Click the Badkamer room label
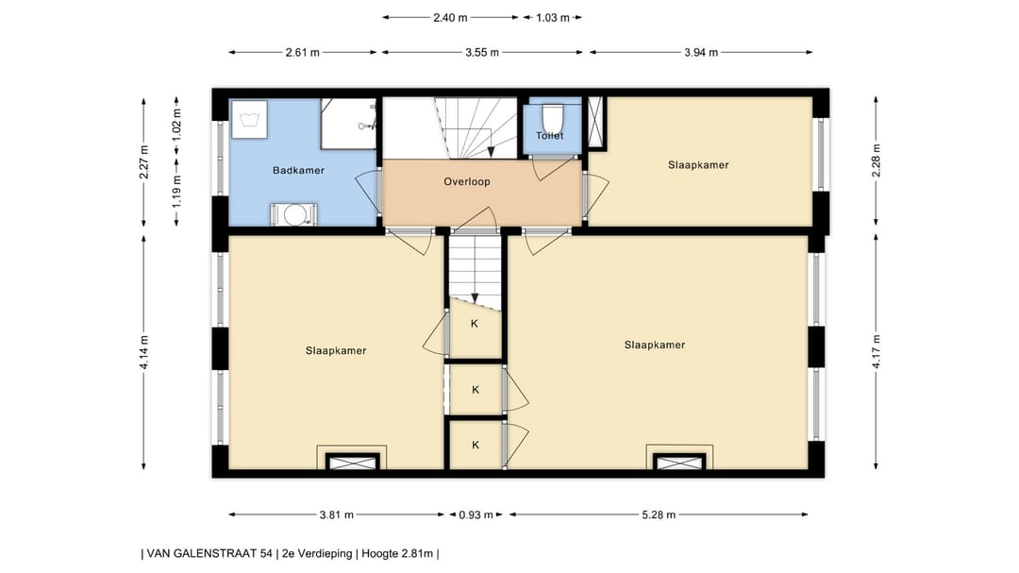click(298, 171)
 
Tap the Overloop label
click(467, 181)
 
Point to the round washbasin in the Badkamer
click(294, 214)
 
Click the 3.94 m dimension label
click(700, 53)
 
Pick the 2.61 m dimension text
click(302, 53)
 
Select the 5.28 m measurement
click(659, 515)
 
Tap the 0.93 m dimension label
click(476, 515)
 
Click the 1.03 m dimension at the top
click(552, 18)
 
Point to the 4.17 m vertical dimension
click(876, 351)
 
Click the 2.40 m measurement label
click(450, 18)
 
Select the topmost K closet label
click(475, 323)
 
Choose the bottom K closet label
click(476, 445)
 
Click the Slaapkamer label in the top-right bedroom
click(698, 165)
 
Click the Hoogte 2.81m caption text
click(397, 554)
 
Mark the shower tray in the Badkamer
click(349, 124)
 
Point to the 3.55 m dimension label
click(481, 53)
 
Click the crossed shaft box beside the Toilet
click(595, 123)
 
